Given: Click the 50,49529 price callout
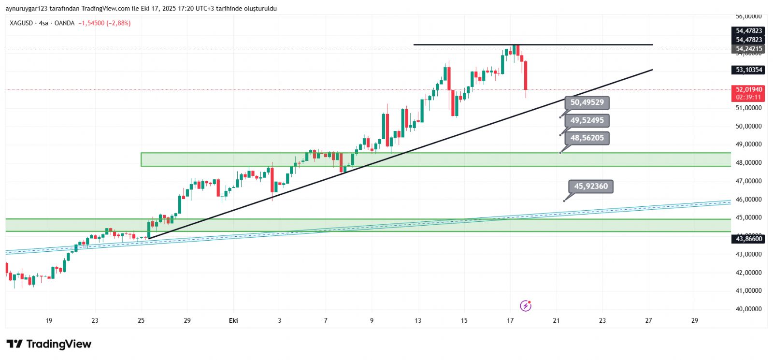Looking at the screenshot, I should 587,102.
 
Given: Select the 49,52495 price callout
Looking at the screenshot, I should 587,120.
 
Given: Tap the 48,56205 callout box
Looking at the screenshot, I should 587,138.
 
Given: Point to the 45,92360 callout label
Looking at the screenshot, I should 591,187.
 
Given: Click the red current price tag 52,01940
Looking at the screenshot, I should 749,90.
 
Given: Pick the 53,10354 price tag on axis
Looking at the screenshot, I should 749,70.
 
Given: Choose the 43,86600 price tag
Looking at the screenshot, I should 749,239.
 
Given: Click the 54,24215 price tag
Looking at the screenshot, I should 749,49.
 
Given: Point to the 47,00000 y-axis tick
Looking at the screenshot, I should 748,181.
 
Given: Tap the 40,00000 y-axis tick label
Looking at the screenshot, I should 748,309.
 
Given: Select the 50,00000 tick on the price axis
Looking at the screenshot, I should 748,127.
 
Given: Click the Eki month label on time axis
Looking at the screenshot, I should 233,320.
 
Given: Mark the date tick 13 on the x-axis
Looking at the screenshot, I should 418,320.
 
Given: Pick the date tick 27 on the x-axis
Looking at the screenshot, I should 648,320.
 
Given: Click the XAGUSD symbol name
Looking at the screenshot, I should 22,23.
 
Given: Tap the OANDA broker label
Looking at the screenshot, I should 64,23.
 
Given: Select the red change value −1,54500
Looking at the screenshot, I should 91,23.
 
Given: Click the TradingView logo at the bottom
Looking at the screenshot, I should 49,344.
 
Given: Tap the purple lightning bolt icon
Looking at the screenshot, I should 526,306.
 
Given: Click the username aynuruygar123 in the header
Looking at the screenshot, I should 27,9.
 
